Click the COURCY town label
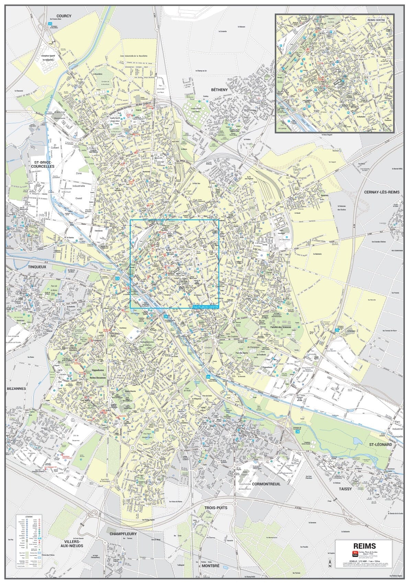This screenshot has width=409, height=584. (x=64, y=16)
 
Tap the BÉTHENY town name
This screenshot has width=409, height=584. (x=219, y=90)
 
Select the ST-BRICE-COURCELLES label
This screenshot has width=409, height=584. (x=43, y=164)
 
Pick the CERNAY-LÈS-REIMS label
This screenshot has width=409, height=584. (x=382, y=192)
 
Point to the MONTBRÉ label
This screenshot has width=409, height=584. (x=211, y=565)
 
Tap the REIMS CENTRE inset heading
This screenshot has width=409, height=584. (x=376, y=20)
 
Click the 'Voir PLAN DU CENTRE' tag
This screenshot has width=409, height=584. (x=205, y=307)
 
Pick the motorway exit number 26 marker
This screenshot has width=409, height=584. (x=297, y=432)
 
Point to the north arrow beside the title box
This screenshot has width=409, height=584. (x=329, y=563)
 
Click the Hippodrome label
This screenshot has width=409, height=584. (x=98, y=370)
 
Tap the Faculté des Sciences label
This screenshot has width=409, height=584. (x=281, y=327)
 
